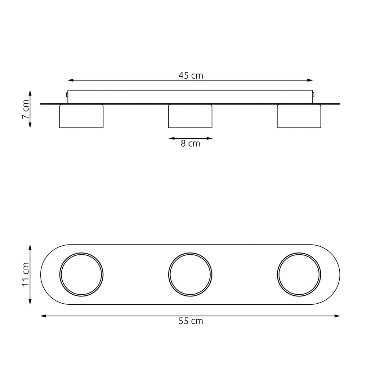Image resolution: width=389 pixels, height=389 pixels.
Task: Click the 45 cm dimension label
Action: coord(191,76)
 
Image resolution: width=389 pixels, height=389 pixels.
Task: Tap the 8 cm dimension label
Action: coord(190,144)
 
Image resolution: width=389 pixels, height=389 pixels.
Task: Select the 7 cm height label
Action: coord(26,109)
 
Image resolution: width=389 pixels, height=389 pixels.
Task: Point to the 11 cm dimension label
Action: coord(26,274)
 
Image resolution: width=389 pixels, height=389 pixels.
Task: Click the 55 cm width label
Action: coord(191,321)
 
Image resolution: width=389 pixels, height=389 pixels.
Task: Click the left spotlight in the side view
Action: coord(81,116)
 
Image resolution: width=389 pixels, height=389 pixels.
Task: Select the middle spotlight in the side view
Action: coord(190,116)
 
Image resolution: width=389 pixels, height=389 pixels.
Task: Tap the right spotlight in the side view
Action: coord(299,116)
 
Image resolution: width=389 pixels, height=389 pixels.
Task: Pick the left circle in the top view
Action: coord(81,274)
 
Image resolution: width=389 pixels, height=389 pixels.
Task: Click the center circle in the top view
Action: coord(190,274)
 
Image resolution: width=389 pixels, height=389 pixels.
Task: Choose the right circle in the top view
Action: coord(299,274)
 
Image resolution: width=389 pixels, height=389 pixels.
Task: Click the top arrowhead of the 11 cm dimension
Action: coord(30,247)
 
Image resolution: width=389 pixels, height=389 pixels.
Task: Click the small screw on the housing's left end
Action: coord(67,95)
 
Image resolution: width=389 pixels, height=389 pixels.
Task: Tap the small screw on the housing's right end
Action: coord(314,95)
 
